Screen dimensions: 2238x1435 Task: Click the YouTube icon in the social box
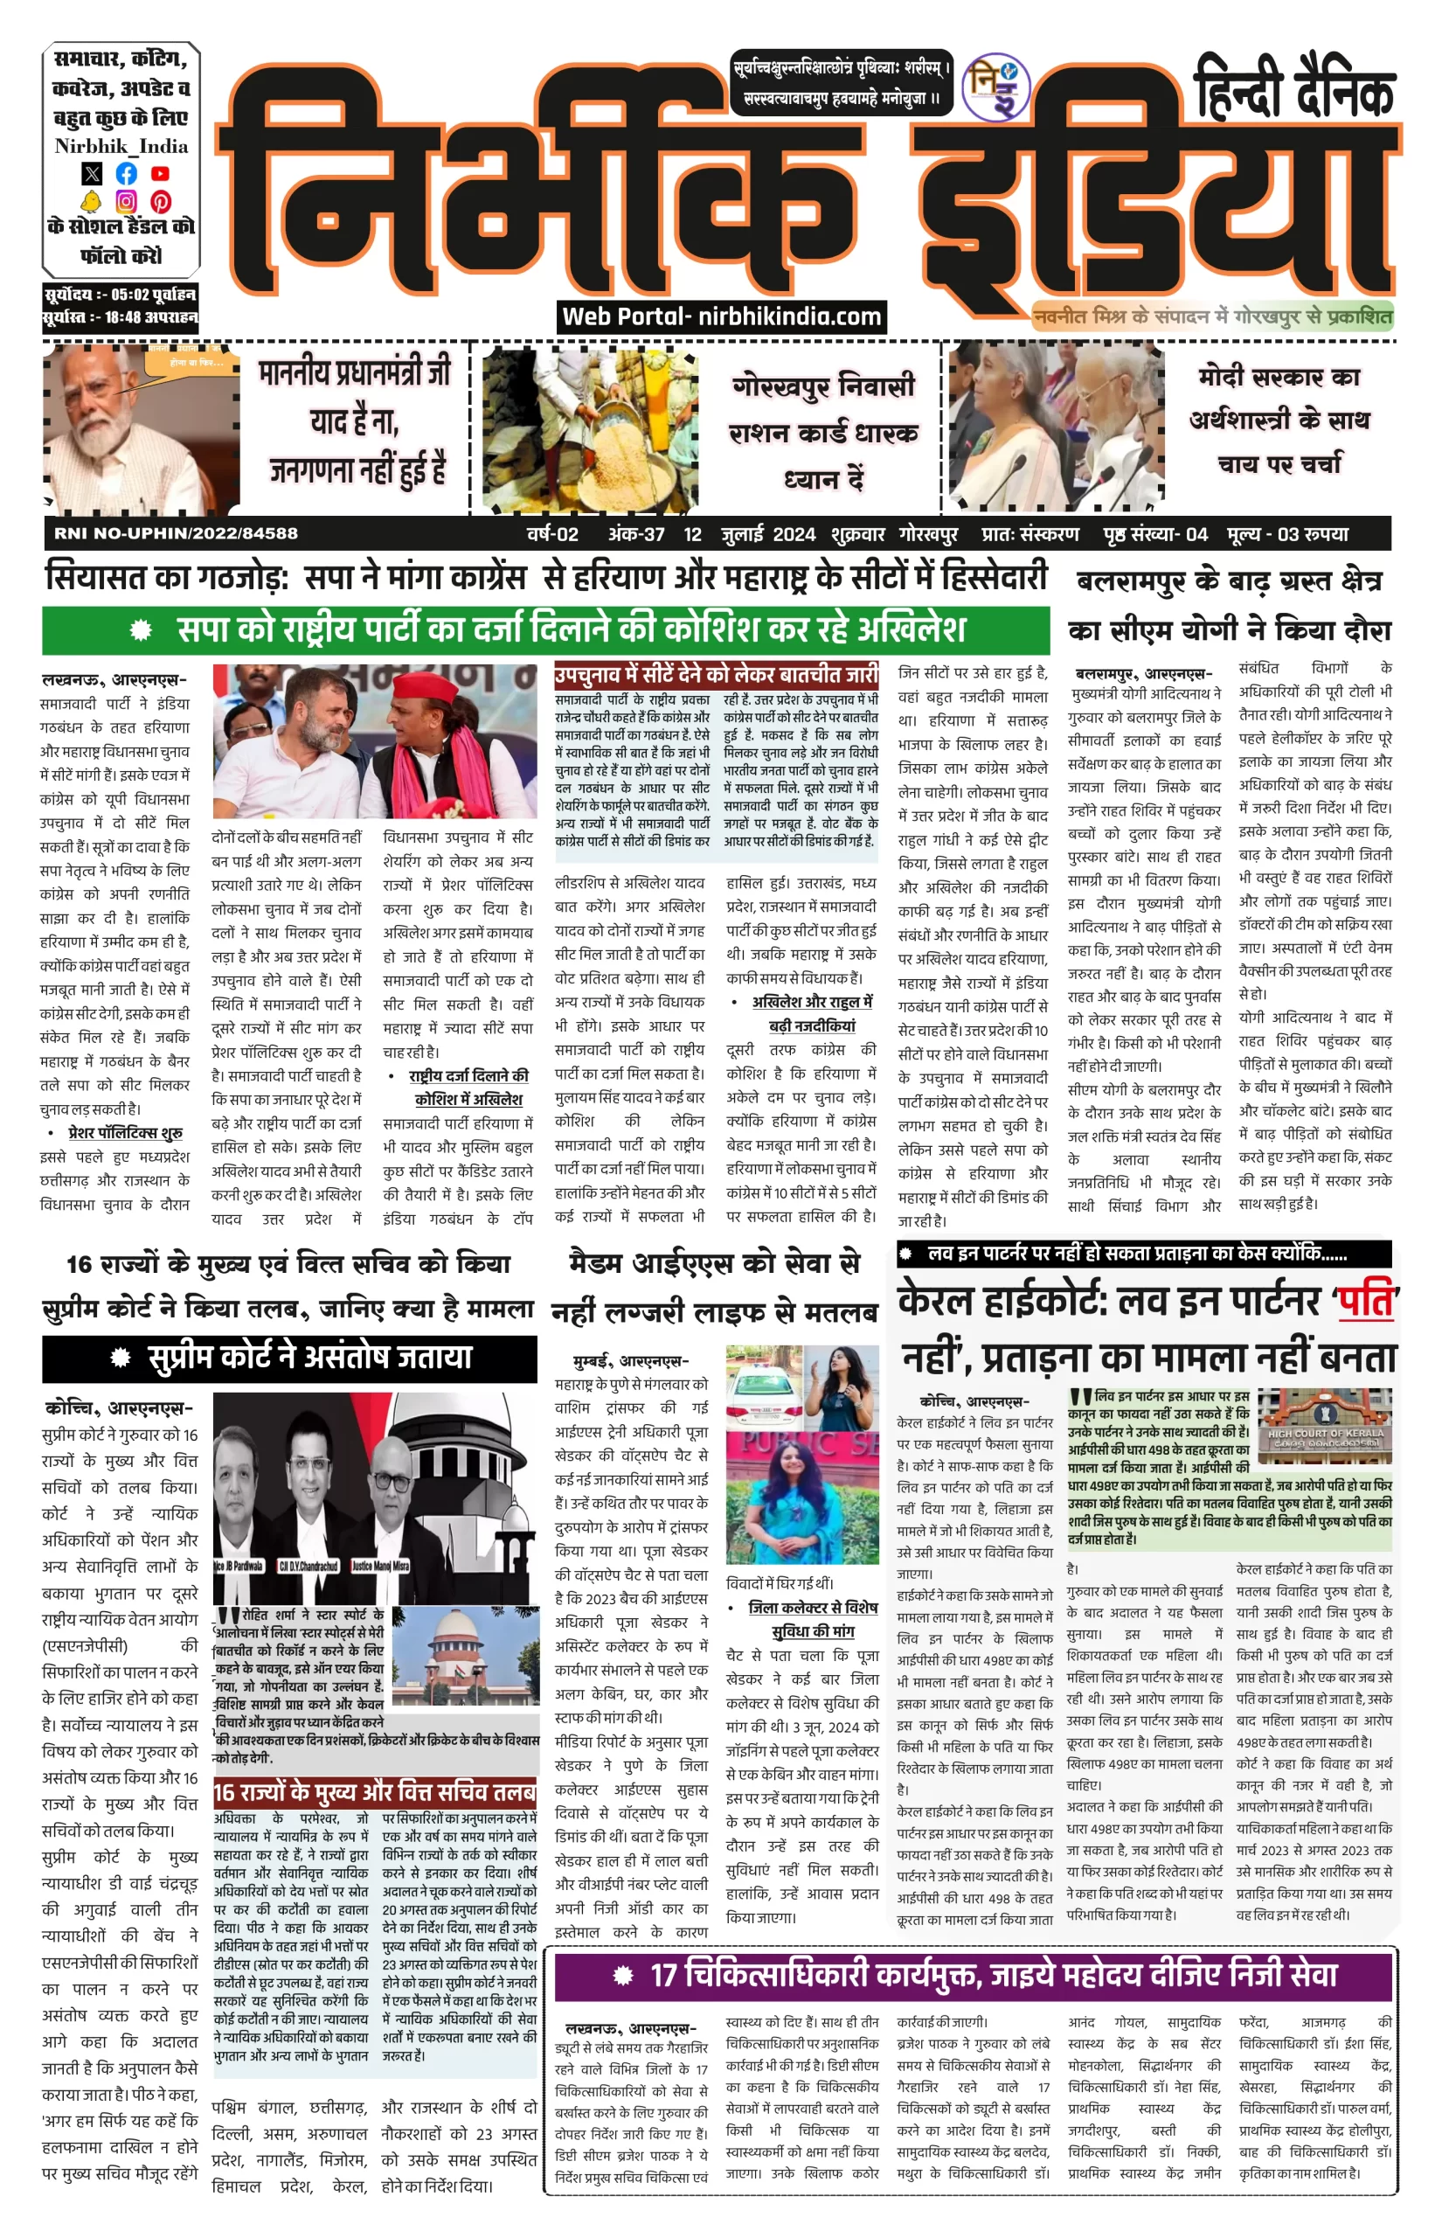point(160,173)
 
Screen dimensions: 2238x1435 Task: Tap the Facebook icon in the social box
point(126,173)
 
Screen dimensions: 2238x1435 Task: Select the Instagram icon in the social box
point(126,201)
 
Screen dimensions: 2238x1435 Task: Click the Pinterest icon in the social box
point(160,201)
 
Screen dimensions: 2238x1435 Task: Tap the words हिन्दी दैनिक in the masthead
point(1293,89)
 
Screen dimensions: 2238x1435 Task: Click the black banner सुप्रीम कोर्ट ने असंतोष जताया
point(289,1358)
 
